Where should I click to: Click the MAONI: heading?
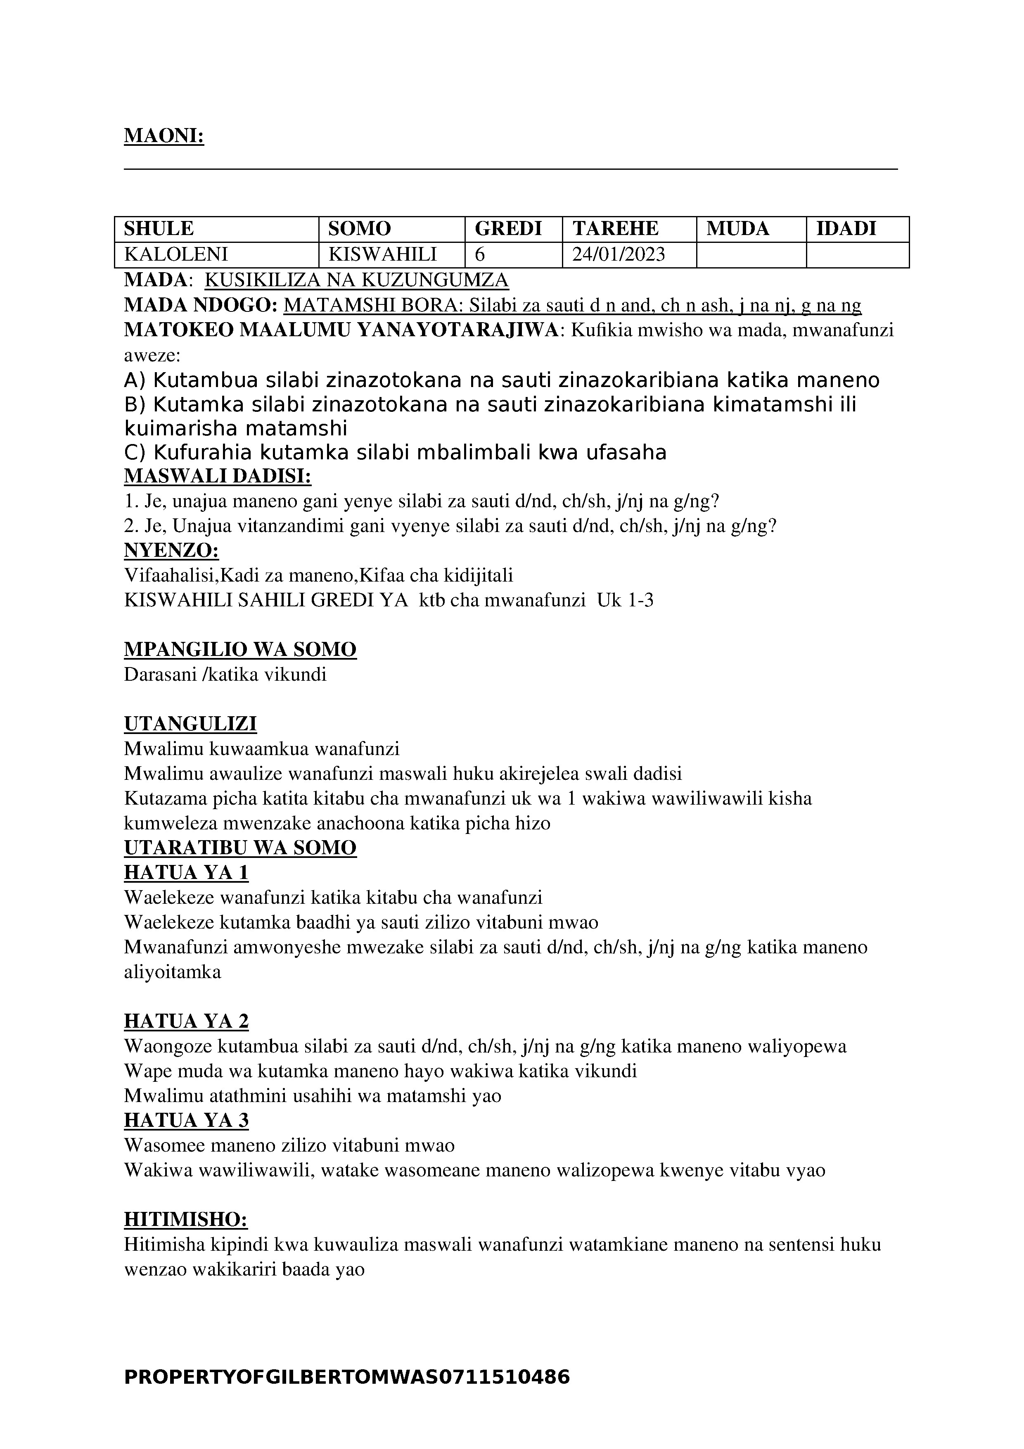[x=164, y=135]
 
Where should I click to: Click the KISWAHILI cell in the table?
[x=383, y=254]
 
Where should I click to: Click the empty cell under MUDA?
[x=751, y=255]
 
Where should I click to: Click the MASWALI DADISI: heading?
[x=218, y=477]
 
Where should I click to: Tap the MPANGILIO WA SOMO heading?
[x=240, y=649]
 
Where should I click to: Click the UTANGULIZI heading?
[x=190, y=724]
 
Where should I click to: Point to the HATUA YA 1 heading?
[x=186, y=873]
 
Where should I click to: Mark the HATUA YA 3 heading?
[x=186, y=1120]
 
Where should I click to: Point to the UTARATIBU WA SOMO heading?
[x=240, y=848]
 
